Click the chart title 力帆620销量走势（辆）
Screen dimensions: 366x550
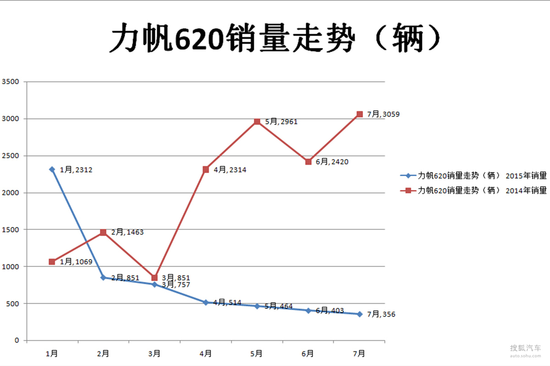pos(275,38)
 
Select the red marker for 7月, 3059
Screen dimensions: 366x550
pos(360,114)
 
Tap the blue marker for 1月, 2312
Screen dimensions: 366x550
pos(52,169)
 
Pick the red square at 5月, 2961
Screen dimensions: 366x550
pos(257,121)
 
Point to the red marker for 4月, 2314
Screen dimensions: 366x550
pos(206,169)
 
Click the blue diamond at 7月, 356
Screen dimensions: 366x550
pos(360,314)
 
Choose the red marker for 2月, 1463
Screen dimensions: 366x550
pos(103,232)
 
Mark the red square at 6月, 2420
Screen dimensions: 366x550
pos(308,161)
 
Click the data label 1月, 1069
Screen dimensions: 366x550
pos(76,262)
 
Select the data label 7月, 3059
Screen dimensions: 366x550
pos(383,114)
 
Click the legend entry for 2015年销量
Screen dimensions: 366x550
pos(473,175)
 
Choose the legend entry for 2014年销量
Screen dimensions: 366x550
pos(473,191)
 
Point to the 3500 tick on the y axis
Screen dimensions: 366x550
pos(10,82)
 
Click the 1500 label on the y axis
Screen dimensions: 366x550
pos(10,230)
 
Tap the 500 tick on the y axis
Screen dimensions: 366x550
pos(12,303)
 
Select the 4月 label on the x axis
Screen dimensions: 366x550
pos(206,354)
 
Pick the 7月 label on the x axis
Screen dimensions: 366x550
pos(360,354)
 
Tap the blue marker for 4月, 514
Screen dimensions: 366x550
pos(206,302)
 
